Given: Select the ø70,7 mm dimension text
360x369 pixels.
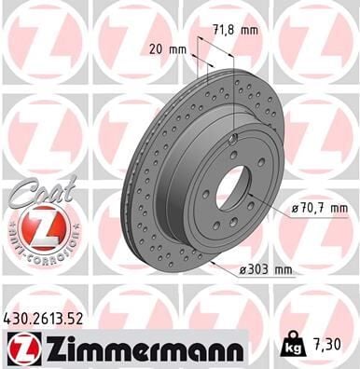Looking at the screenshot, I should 318,207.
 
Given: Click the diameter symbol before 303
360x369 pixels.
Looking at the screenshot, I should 241,270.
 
